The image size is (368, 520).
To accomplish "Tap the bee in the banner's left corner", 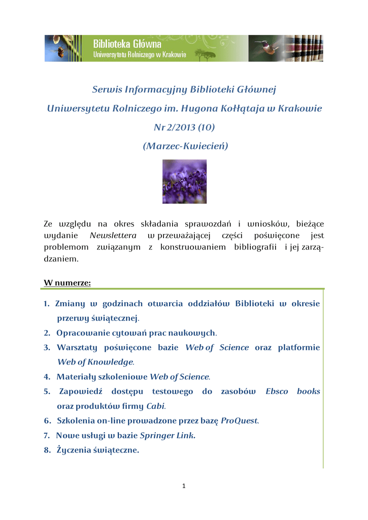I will (x=60, y=51).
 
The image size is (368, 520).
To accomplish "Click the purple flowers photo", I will (x=184, y=181).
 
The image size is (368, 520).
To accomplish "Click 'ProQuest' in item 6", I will (x=239, y=421).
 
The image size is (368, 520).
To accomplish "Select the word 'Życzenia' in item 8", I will (x=74, y=450).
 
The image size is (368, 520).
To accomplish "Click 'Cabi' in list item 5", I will (x=155, y=406).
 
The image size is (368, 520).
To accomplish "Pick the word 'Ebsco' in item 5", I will (x=277, y=392).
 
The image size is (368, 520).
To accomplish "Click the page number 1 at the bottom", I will (x=184, y=486).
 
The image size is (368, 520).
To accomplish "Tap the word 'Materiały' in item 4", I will (x=75, y=377).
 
